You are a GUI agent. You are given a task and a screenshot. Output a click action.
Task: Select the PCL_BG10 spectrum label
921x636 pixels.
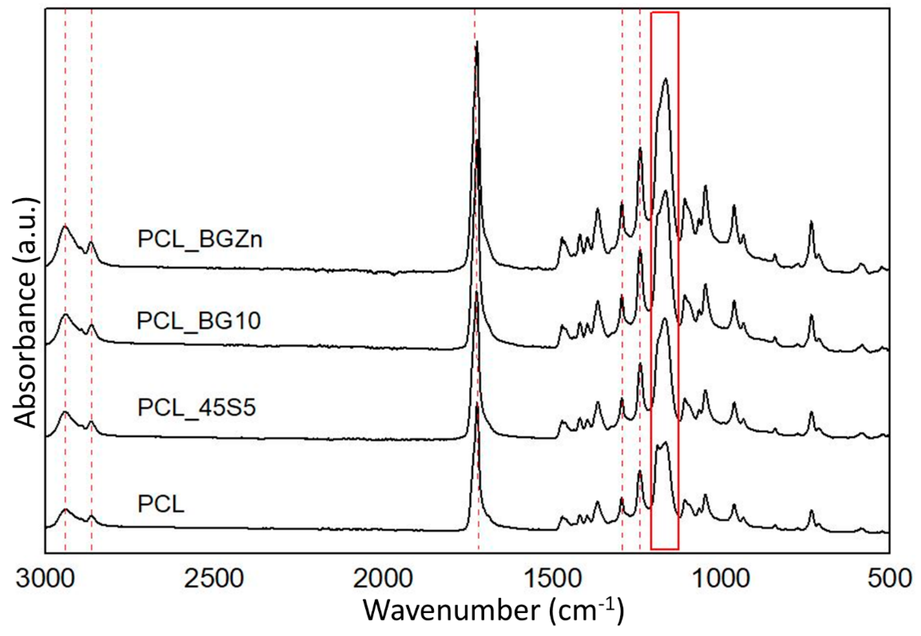[x=198, y=320]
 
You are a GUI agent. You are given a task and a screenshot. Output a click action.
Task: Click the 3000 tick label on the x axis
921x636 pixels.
[x=45, y=578]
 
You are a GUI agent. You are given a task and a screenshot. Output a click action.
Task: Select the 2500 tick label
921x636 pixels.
[x=214, y=578]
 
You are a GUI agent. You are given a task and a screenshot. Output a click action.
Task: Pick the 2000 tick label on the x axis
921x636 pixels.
[x=383, y=578]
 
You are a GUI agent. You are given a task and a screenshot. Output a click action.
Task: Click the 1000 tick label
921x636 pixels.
[x=721, y=578]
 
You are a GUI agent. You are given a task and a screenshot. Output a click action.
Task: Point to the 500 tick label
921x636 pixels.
[x=889, y=578]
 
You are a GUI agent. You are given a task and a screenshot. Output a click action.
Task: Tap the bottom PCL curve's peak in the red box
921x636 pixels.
[x=665, y=442]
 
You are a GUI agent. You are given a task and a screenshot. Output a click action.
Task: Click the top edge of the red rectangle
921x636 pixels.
[x=665, y=12]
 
